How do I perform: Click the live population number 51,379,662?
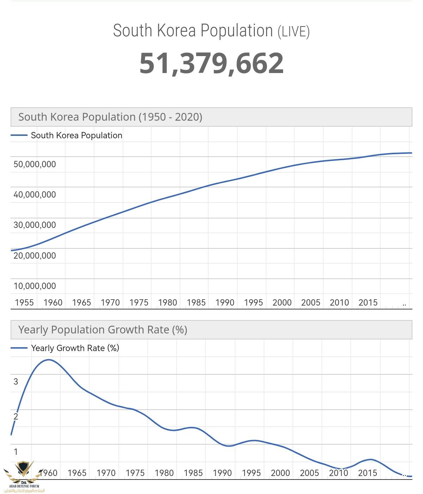pyautogui.click(x=211, y=64)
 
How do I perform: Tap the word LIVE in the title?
pyautogui.click(x=293, y=32)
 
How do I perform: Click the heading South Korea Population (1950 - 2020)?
pyautogui.click(x=110, y=117)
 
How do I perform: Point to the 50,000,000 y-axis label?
pyautogui.click(x=35, y=164)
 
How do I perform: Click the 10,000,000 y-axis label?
pyautogui.click(x=35, y=286)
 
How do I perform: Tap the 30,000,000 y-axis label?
pyautogui.click(x=35, y=225)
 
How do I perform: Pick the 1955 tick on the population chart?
pyautogui.click(x=24, y=303)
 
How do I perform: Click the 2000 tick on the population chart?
pyautogui.click(x=282, y=303)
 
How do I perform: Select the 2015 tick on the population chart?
pyautogui.click(x=368, y=303)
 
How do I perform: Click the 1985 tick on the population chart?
pyautogui.click(x=196, y=303)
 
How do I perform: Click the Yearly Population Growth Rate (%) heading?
pyautogui.click(x=103, y=330)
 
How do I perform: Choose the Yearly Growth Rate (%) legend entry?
pyautogui.click(x=75, y=348)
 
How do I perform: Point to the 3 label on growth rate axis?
pyautogui.click(x=16, y=381)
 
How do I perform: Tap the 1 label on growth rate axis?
pyautogui.click(x=16, y=452)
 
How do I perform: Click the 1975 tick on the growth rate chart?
pyautogui.click(x=135, y=473)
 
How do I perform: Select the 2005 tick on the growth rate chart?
pyautogui.click(x=309, y=473)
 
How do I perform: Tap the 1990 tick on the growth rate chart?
pyautogui.click(x=222, y=473)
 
